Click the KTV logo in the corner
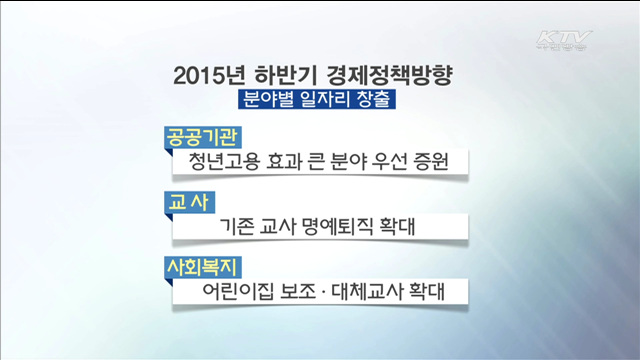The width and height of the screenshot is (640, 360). (x=565, y=42)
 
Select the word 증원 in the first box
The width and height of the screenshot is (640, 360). (x=429, y=162)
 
